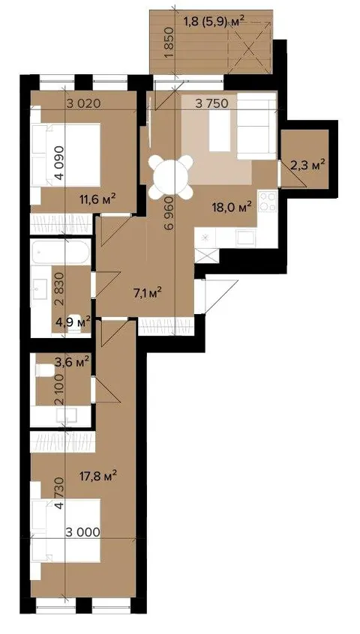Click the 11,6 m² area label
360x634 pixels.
pyautogui.click(x=99, y=199)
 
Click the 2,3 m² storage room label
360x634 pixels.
pyautogui.click(x=308, y=165)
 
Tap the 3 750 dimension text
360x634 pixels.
pyautogui.click(x=212, y=103)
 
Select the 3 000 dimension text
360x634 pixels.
pyautogui.click(x=83, y=532)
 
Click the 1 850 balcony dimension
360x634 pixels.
pyautogui.click(x=170, y=43)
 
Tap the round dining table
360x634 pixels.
pyautogui.click(x=170, y=177)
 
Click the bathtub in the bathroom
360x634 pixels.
pyautogui.click(x=61, y=253)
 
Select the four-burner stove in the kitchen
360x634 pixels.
pyautogui.click(x=267, y=201)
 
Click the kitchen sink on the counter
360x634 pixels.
pyautogui.click(x=246, y=238)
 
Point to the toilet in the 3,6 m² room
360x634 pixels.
pyautogui.click(x=44, y=370)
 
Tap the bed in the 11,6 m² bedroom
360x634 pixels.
pyautogui.click(x=66, y=155)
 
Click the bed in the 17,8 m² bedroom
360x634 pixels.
pyautogui.click(x=66, y=531)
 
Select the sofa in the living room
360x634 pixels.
pyautogui.click(x=256, y=126)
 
